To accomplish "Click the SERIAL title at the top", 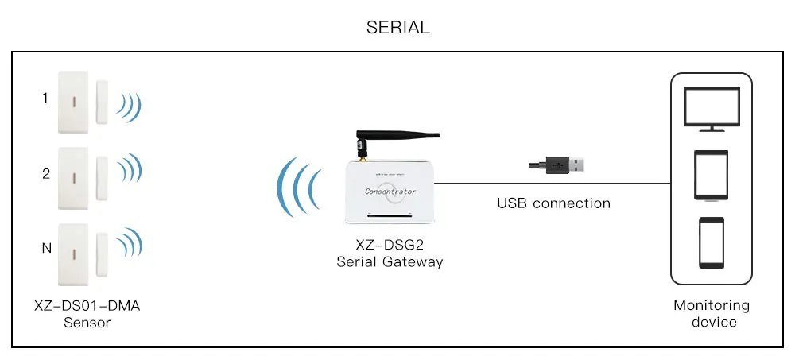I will [x=397, y=27].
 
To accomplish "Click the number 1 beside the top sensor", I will [x=45, y=99].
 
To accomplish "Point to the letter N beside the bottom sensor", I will [x=45, y=249].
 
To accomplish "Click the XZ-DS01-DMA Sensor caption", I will [x=87, y=314].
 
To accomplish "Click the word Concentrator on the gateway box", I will [x=390, y=191].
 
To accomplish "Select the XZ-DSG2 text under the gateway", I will [x=390, y=246].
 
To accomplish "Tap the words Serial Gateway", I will [x=390, y=261].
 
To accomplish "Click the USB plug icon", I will [x=559, y=165].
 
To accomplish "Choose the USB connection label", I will [x=553, y=203].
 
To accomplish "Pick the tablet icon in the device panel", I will [x=711, y=175].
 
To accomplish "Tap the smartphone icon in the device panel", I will [x=711, y=243].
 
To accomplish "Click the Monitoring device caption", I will [x=711, y=313].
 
